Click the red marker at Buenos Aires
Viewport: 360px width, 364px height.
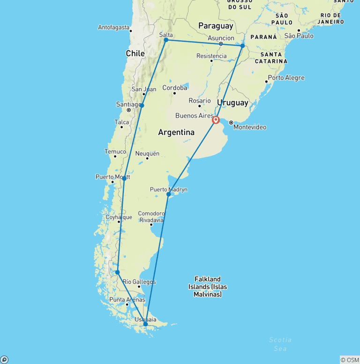pos(216,120)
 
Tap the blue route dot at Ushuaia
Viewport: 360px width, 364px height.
pos(145,324)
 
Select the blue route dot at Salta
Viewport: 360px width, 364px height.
pos(166,40)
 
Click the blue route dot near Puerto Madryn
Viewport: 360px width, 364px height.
pos(169,194)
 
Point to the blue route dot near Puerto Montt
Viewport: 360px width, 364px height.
pos(124,178)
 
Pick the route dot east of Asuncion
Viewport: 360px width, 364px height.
pos(242,46)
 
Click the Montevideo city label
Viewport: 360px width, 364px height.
pos(250,127)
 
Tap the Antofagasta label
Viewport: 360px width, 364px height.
pos(113,27)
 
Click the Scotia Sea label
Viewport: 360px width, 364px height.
pos(280,344)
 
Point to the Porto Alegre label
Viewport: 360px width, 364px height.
pos(286,78)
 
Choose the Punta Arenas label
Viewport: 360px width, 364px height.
pos(127,300)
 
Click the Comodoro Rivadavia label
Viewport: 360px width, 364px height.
pos(151,217)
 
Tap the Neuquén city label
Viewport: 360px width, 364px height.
pos(147,153)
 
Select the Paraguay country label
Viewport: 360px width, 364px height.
pos(216,25)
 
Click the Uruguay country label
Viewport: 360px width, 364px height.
pos(232,102)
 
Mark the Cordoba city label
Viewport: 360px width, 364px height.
pos(174,88)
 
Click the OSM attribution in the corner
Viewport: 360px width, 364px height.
pos(350,360)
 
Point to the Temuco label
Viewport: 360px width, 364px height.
pos(115,152)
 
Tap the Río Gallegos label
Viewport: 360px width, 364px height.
pos(139,282)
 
